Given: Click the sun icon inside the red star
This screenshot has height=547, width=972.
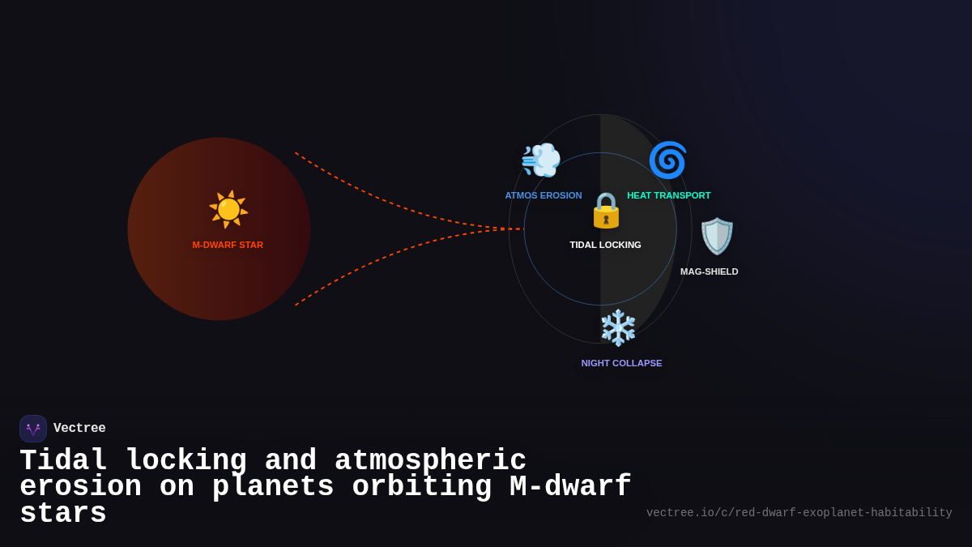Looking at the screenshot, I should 228,209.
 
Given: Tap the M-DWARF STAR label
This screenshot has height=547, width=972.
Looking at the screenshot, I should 228,245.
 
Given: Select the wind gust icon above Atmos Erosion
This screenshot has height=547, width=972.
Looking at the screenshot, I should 541,160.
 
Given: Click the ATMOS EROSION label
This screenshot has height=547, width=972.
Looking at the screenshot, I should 544,195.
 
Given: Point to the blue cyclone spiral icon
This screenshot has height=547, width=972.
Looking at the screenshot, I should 667,160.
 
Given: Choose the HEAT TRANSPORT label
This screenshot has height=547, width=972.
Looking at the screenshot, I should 668,195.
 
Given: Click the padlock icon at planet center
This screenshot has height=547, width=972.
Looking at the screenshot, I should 606,211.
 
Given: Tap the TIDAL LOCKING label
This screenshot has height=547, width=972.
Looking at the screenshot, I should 605,245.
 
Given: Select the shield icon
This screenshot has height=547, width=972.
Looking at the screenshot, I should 717,236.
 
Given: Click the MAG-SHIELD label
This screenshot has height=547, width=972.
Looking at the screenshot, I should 709,271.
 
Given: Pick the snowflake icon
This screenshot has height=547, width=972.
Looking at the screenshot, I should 619,327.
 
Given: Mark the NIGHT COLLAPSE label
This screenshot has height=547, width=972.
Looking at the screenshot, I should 621,363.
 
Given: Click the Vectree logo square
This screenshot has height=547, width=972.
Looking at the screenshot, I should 33,429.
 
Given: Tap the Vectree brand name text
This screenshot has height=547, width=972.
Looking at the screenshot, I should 79,429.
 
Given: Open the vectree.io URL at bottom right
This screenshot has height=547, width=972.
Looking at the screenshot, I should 799,513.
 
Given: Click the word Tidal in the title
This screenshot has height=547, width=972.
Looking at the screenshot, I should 63,460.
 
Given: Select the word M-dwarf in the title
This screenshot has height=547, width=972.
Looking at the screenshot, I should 570,487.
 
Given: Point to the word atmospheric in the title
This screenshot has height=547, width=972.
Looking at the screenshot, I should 430,460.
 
